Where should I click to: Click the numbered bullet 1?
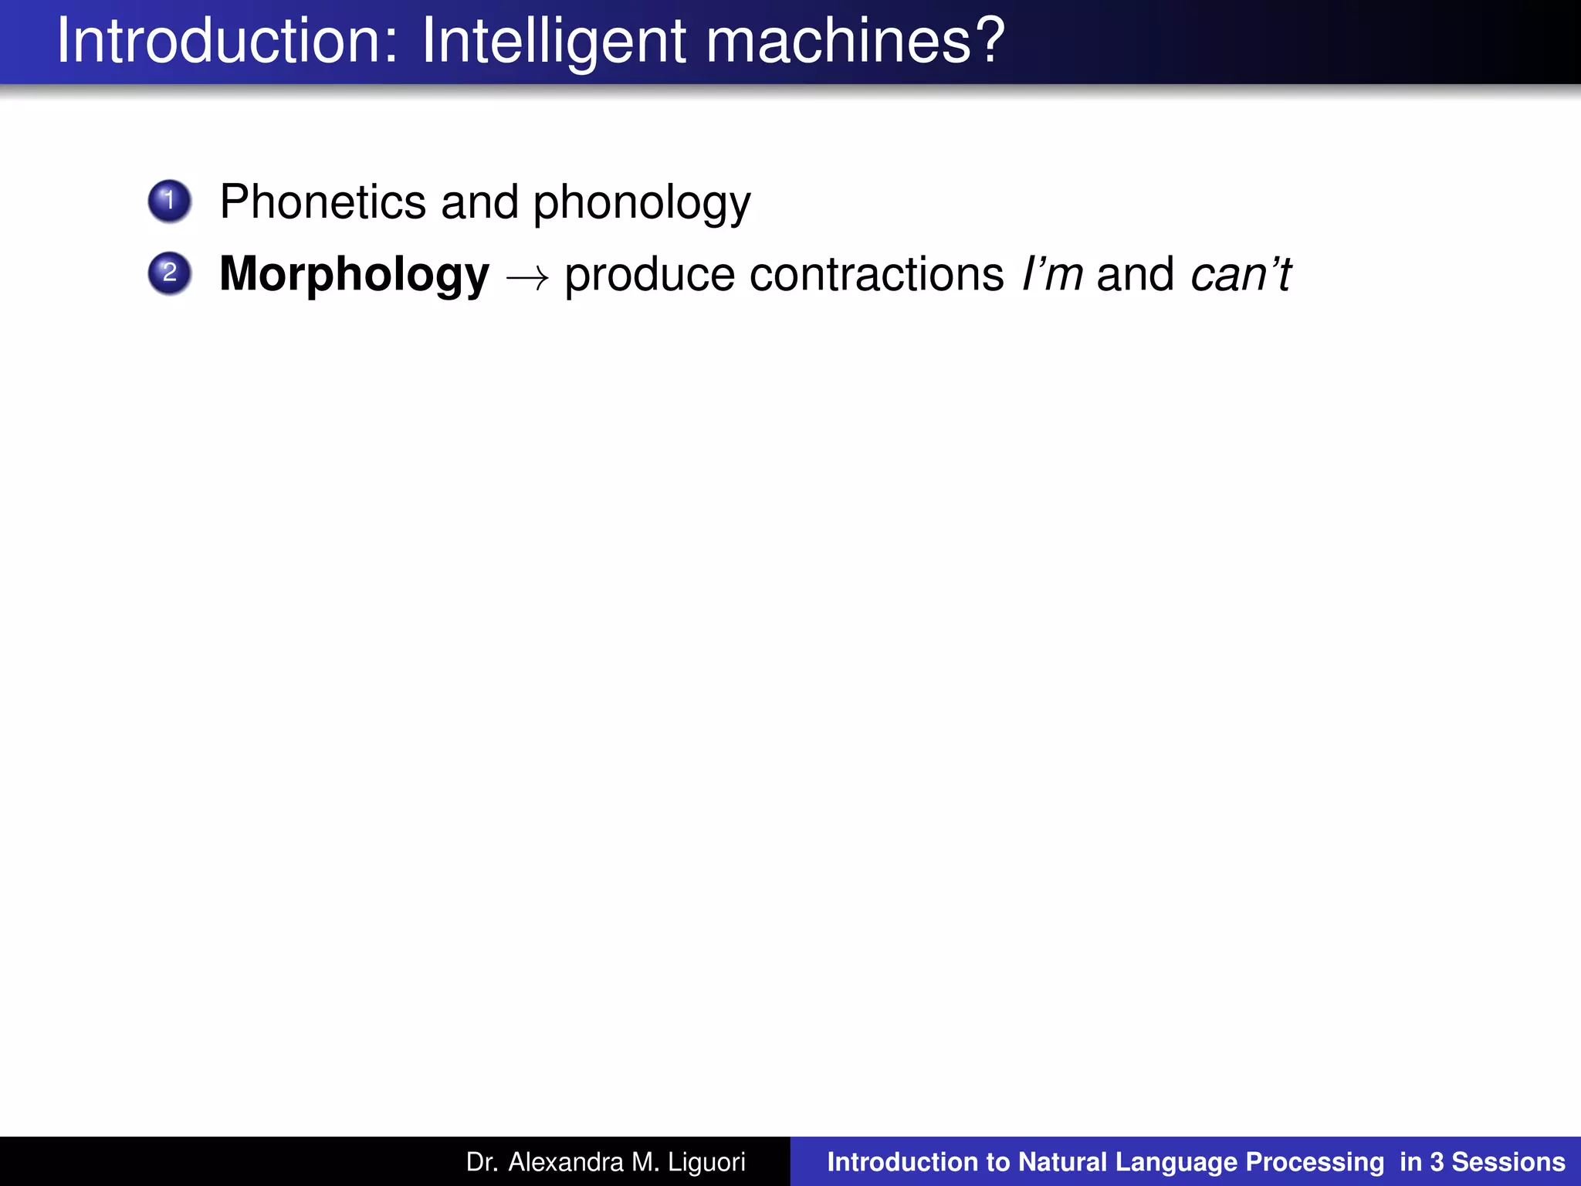click(x=170, y=202)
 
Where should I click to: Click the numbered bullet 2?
click(x=170, y=273)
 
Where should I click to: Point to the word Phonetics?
click(x=323, y=202)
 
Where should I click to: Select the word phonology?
click(x=642, y=203)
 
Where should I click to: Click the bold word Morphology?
click(x=354, y=275)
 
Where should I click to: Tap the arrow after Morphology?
click(x=527, y=276)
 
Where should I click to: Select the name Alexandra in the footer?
click(x=566, y=1161)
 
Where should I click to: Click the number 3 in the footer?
click(x=1436, y=1161)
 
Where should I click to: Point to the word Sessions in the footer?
click(x=1508, y=1161)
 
